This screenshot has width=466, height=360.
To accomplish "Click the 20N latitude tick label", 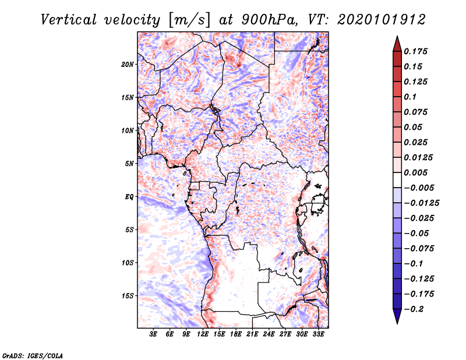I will (x=128, y=64).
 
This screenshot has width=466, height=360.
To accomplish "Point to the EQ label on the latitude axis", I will (x=129, y=196).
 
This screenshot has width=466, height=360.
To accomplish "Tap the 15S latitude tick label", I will (x=128, y=295).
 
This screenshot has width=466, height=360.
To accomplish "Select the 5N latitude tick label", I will (x=129, y=163).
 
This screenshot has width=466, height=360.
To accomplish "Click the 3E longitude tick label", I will (x=154, y=334).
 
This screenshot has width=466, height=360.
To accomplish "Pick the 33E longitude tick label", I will (x=318, y=334).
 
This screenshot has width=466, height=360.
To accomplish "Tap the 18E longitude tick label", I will (x=236, y=334).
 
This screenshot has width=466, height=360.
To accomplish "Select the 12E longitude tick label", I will (x=203, y=334).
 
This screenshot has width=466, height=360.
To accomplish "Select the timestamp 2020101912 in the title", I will (x=373, y=20).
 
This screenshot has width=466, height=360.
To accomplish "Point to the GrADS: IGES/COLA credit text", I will (x=32, y=354).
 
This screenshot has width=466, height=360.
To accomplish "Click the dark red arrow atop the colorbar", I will (x=397, y=42).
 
